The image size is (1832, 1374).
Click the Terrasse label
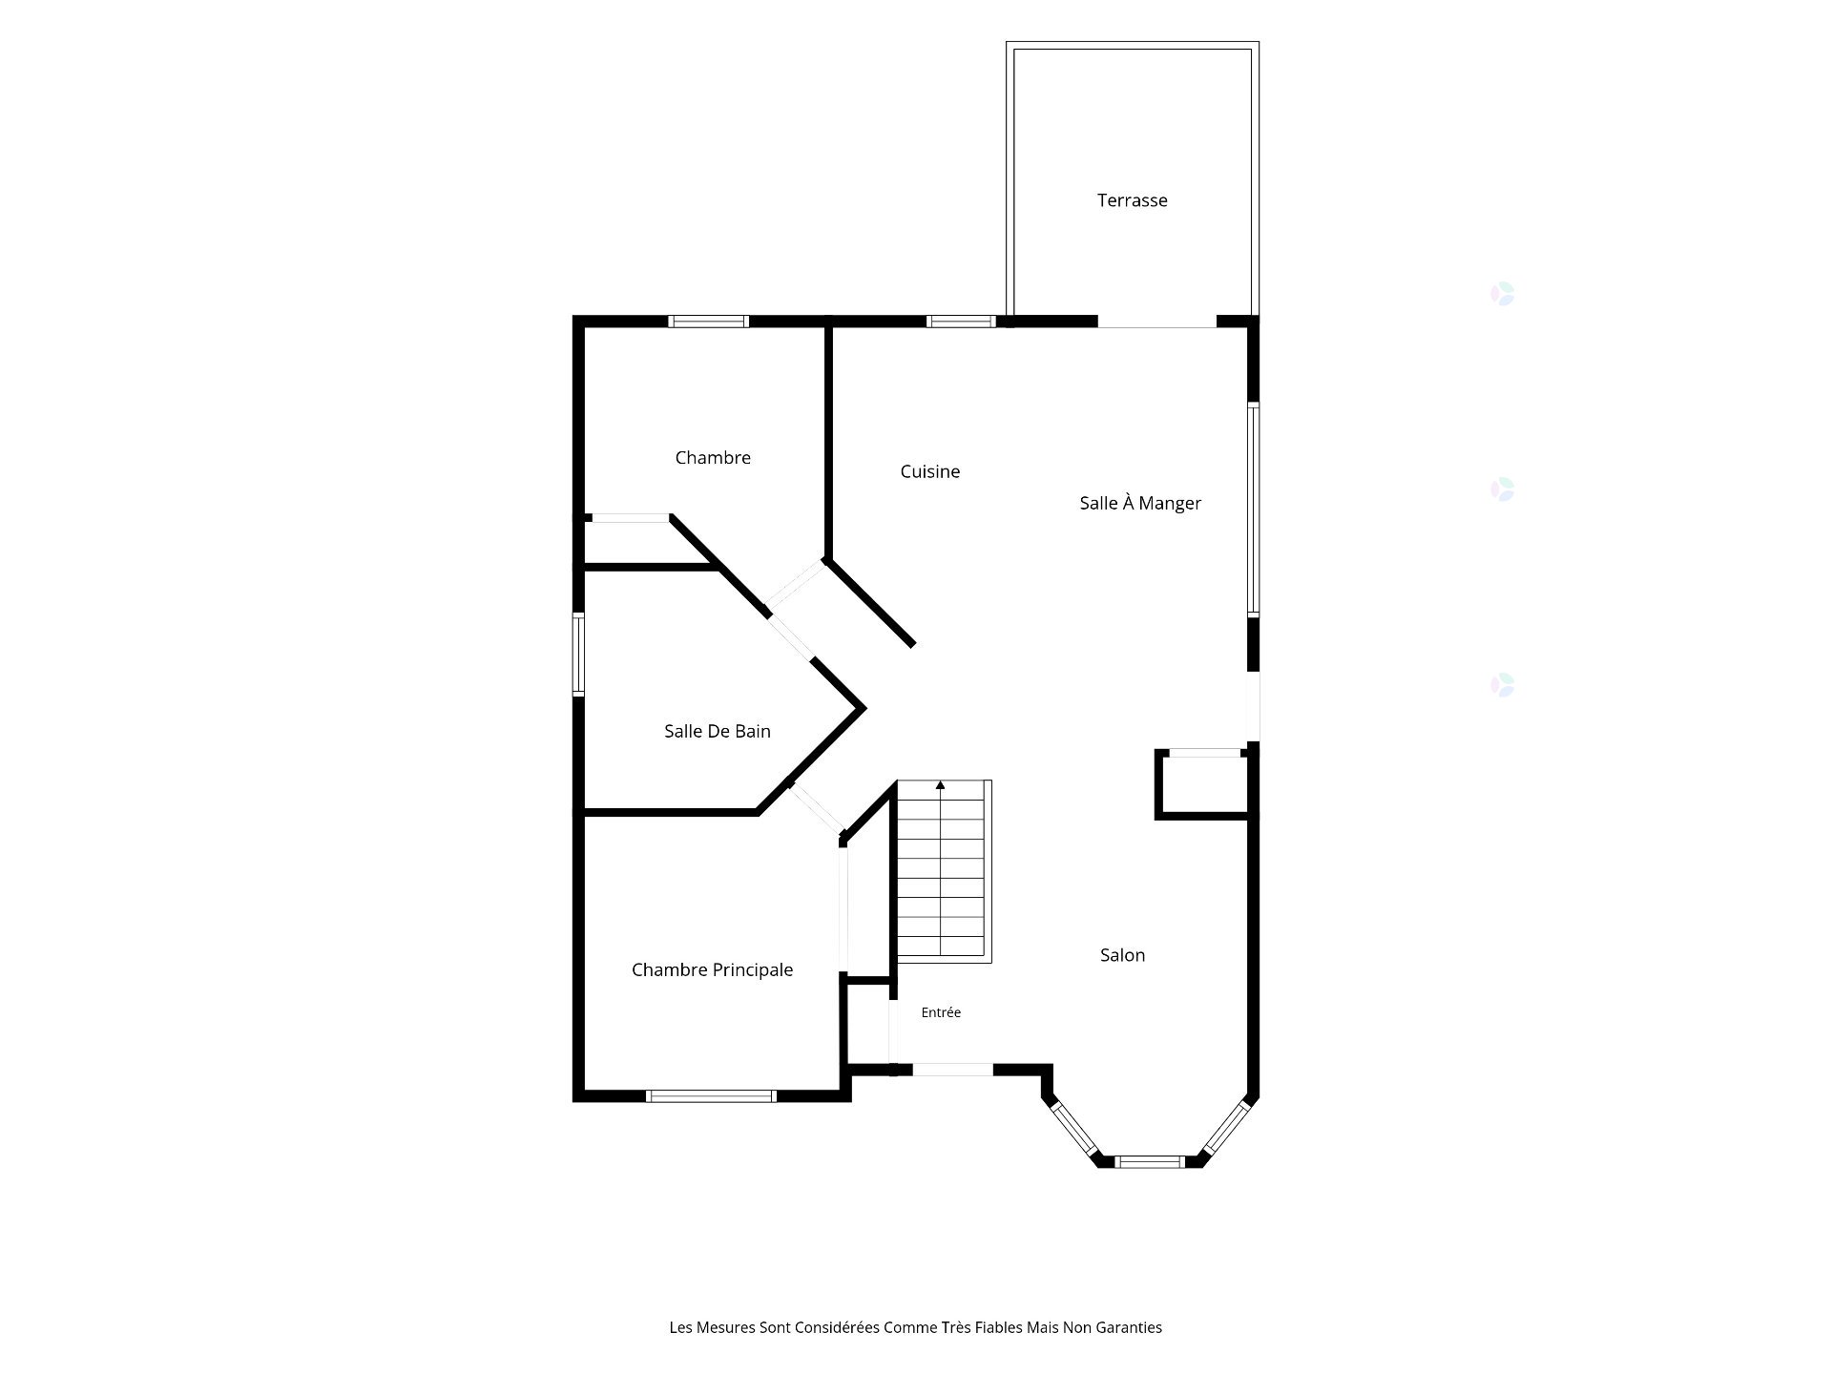1132,200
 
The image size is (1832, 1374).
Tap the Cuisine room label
930,471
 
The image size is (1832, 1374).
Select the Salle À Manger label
1140,503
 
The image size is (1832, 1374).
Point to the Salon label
1122,955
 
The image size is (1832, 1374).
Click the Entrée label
941,1012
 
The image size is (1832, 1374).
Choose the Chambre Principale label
712,970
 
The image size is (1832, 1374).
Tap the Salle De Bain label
718,731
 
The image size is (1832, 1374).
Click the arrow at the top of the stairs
941,786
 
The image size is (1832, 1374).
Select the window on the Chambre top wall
708,322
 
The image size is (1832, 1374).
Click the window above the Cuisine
962,322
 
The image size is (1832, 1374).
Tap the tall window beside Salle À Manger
1254,509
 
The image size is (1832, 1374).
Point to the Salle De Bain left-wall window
578,654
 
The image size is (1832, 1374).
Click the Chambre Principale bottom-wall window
711,1096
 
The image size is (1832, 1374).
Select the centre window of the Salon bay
1150,1162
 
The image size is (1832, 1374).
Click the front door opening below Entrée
953,1070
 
